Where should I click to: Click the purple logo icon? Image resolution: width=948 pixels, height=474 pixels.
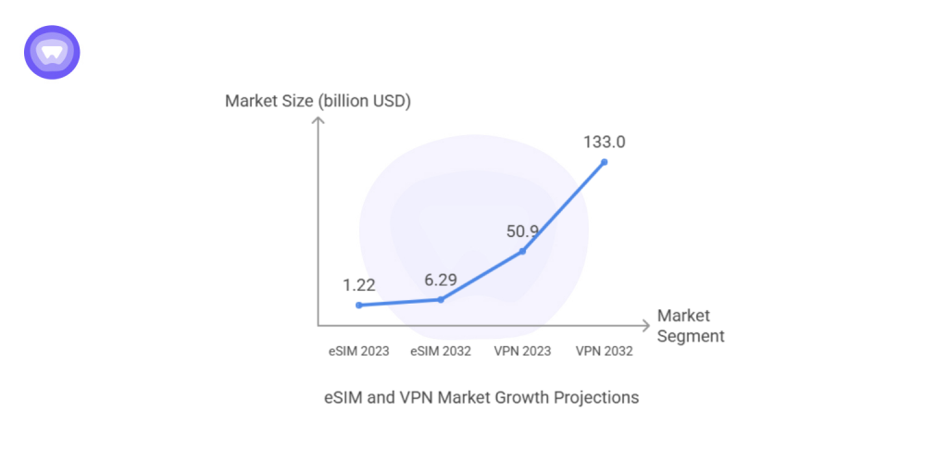(52, 52)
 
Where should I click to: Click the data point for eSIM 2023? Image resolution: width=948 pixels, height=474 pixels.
(359, 305)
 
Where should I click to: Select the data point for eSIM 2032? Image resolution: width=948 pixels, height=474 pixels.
(441, 299)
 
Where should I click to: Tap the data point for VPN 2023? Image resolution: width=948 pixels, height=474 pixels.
(523, 251)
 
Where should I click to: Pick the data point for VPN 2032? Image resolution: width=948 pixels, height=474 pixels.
(605, 162)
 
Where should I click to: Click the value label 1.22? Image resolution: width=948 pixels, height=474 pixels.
(359, 283)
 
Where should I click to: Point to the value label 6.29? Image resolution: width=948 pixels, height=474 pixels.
(441, 278)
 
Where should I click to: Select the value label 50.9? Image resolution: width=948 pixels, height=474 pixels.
(522, 230)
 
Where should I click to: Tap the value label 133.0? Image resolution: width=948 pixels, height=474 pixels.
(605, 142)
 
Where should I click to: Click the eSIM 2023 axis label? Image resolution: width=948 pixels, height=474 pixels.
(359, 351)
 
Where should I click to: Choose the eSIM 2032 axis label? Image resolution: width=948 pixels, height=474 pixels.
(441, 351)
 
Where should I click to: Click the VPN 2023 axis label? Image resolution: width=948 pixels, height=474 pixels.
(522, 351)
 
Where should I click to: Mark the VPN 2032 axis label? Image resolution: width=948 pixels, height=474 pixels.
(605, 351)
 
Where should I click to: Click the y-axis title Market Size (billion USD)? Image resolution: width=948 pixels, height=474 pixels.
(318, 101)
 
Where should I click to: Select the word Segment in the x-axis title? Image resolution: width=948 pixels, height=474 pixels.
(691, 336)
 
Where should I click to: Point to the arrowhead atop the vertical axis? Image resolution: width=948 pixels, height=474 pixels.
(318, 121)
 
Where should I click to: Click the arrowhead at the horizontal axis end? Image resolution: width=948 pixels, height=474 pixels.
(646, 325)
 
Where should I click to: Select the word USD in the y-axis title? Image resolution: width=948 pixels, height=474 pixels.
(388, 101)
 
